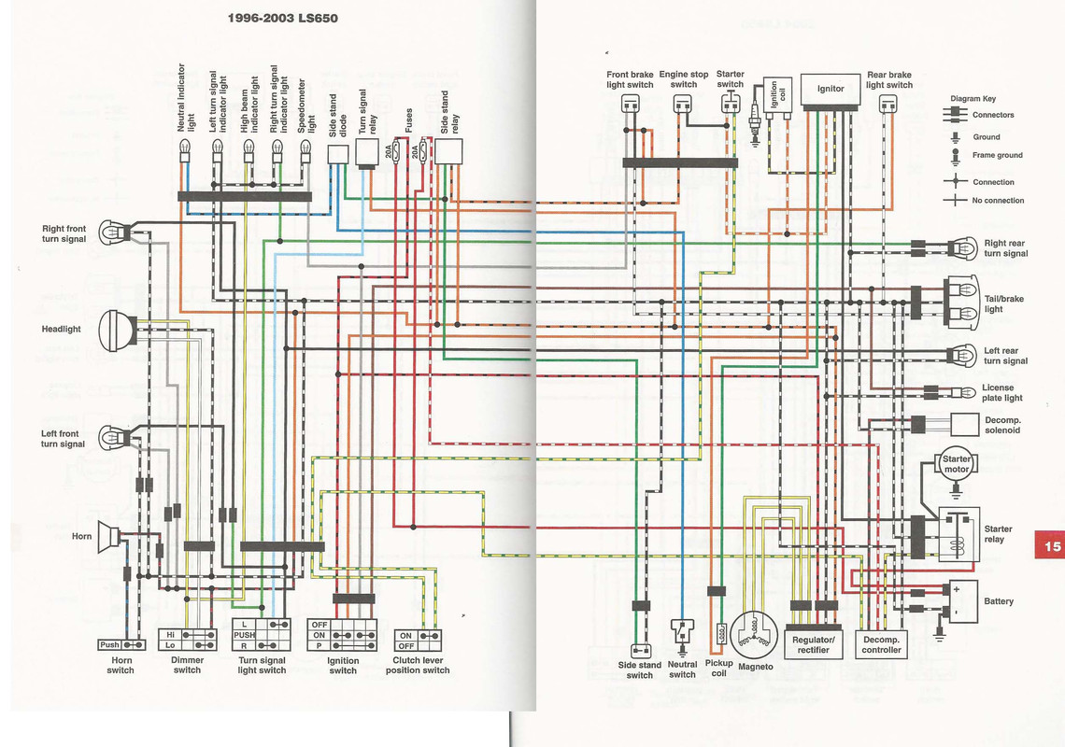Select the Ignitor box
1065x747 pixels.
[831, 89]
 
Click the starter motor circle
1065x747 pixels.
[957, 464]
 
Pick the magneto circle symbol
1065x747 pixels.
[756, 634]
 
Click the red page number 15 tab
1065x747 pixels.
[1050, 546]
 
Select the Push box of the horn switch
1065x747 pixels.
[110, 644]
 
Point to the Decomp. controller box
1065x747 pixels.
[881, 644]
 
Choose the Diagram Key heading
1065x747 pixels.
[973, 98]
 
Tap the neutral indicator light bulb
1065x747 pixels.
[185, 148]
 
